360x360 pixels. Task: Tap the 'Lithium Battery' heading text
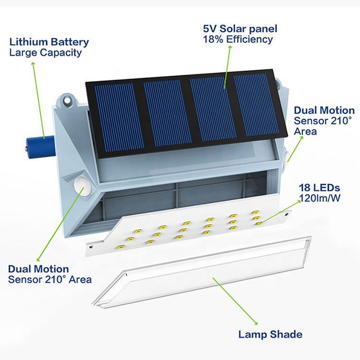49,42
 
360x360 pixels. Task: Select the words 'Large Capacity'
45,53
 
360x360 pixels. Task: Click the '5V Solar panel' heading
240,28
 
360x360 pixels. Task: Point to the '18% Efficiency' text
238,39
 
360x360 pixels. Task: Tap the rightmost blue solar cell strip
256,104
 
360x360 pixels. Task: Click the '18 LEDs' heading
319,188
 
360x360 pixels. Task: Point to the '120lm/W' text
319,198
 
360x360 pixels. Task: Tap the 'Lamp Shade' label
270,334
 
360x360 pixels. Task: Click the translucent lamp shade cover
202,274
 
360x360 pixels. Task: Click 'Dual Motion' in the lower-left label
38,269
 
